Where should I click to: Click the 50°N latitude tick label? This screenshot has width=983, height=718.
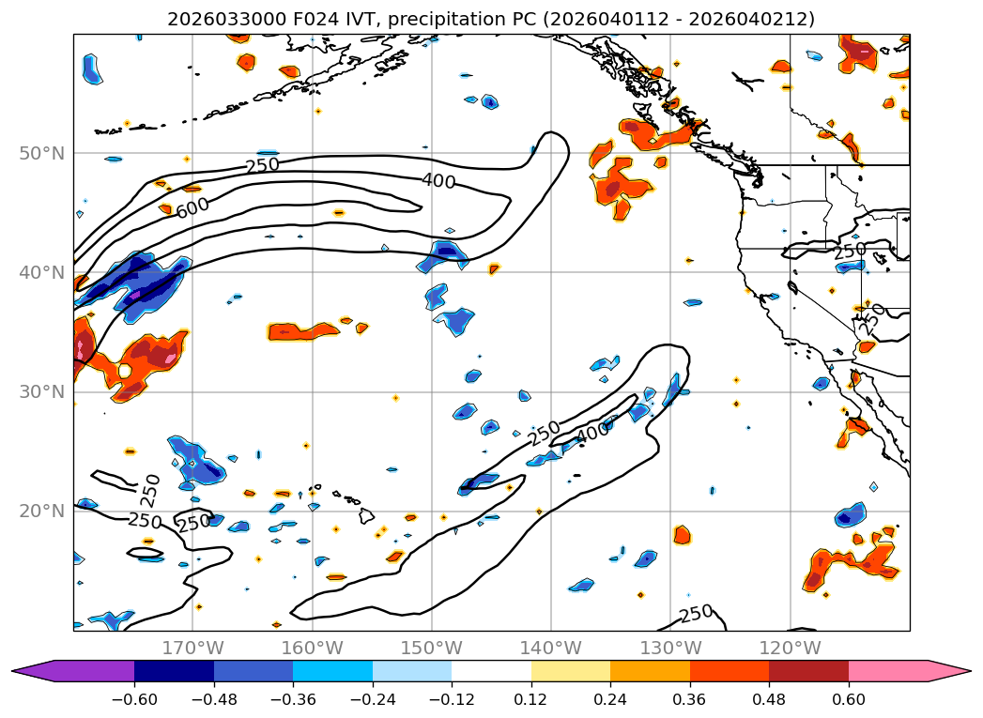(41, 153)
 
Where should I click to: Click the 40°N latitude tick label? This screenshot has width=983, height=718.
(41, 272)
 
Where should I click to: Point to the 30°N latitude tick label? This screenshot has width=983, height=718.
(41, 391)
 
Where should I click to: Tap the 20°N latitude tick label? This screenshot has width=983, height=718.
(41, 511)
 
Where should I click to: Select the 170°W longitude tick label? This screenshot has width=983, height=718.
(192, 648)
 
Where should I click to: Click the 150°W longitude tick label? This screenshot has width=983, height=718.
(431, 648)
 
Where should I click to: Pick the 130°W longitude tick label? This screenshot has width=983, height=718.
(670, 648)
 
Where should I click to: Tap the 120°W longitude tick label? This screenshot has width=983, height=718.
(790, 648)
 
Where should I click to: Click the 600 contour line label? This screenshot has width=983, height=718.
(192, 207)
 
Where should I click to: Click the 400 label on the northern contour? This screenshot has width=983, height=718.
(438, 181)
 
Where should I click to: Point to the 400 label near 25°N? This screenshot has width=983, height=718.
(592, 433)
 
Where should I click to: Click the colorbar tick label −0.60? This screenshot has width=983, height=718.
(134, 701)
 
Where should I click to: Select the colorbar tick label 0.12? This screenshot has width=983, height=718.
(531, 701)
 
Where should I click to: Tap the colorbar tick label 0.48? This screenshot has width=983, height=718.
(769, 701)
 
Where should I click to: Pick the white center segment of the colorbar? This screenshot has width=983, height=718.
(491, 671)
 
